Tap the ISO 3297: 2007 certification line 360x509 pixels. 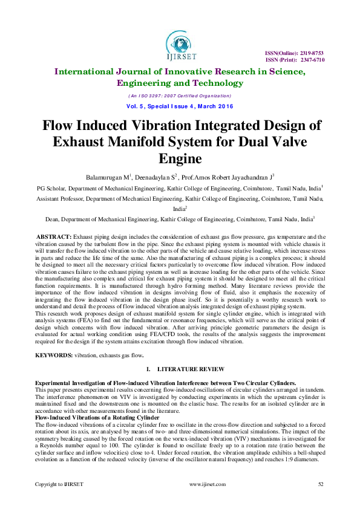(x=180, y=96)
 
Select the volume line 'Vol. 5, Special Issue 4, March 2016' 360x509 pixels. (x=180, y=106)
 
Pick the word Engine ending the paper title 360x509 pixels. (x=180, y=158)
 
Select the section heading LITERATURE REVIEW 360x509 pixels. (x=191, y=369)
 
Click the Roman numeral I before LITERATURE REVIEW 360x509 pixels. (x=148, y=369)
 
